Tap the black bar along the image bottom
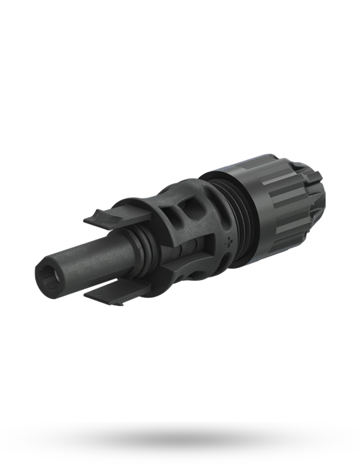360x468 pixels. pyautogui.click(x=180, y=445)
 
